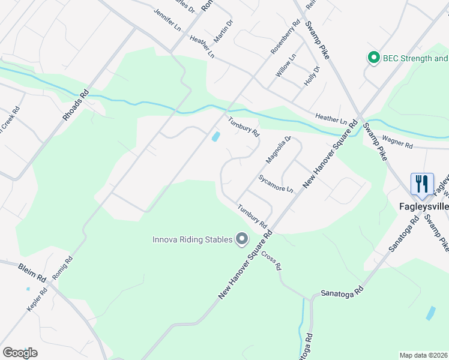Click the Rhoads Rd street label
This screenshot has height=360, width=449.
point(76,105)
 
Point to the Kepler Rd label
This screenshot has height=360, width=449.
point(37,299)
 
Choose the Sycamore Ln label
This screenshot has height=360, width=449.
point(276,184)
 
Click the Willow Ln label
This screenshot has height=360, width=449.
point(286,65)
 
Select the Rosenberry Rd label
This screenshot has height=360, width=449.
point(285,38)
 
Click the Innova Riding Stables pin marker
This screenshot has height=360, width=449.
point(242,239)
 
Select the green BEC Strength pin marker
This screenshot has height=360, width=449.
point(374,58)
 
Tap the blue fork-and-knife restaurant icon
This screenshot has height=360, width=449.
point(421,184)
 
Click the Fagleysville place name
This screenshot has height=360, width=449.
point(424,206)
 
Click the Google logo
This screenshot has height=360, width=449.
point(20,353)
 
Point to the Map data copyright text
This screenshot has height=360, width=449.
point(424,355)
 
